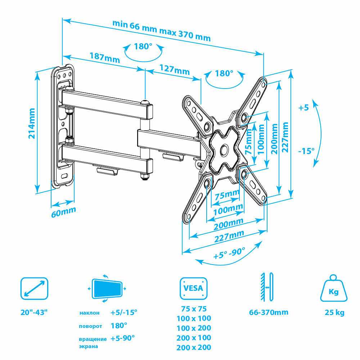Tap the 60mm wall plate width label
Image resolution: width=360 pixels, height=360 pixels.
point(64,212)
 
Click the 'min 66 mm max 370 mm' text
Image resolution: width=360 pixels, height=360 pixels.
point(161,30)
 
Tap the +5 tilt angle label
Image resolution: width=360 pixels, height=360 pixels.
point(303,107)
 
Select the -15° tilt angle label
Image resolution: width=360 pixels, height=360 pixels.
point(306,150)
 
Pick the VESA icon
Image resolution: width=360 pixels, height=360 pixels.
point(194,288)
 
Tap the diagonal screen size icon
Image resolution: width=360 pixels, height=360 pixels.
point(34,288)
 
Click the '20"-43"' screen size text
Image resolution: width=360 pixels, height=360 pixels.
point(34,312)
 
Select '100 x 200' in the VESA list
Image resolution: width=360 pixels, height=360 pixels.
point(194,328)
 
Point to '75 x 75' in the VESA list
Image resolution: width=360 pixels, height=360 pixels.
point(194,309)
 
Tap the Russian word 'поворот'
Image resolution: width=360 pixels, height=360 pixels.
point(90,326)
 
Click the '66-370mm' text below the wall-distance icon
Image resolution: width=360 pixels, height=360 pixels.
point(269,312)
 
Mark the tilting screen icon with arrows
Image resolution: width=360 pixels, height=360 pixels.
point(107,288)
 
